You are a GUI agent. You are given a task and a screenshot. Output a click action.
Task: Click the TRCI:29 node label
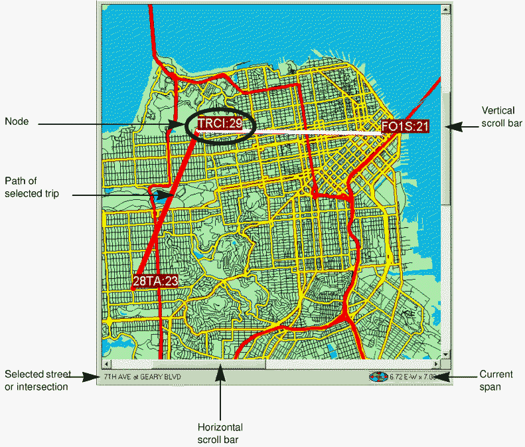(x=219, y=124)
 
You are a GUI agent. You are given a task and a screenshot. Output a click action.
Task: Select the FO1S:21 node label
(x=405, y=126)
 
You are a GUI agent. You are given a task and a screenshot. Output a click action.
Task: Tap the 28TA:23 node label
(x=155, y=281)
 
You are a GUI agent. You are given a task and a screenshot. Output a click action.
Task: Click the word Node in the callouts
(x=16, y=122)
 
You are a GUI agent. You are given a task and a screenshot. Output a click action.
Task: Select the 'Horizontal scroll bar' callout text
(x=220, y=433)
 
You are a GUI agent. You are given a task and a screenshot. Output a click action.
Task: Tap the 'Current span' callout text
(x=496, y=380)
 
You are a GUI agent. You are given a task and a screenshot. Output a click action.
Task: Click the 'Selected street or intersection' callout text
(x=37, y=380)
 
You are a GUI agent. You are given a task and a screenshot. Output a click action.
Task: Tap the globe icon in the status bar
(x=378, y=377)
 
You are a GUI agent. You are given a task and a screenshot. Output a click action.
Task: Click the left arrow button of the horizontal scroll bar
(x=106, y=364)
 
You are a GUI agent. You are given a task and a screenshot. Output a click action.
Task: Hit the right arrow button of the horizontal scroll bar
(x=436, y=364)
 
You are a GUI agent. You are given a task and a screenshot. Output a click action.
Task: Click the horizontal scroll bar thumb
(x=209, y=364)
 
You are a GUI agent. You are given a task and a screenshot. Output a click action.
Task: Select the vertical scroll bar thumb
(x=446, y=146)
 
